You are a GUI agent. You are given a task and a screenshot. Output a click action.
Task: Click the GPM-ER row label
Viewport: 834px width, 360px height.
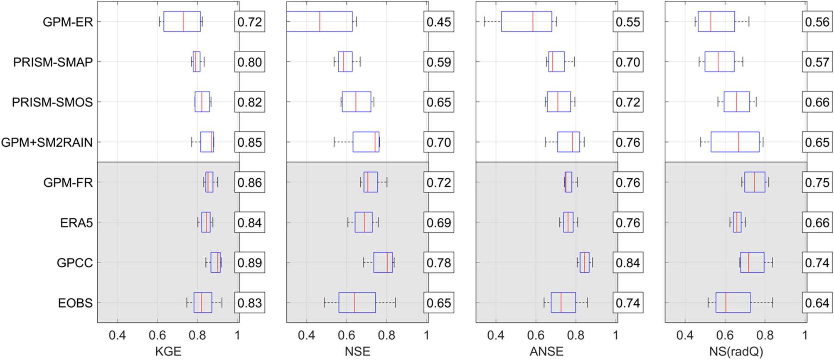click(68, 22)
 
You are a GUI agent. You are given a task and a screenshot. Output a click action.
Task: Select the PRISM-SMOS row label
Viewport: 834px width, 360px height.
click(52, 102)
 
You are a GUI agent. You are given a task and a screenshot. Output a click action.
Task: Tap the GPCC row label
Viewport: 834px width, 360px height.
click(75, 263)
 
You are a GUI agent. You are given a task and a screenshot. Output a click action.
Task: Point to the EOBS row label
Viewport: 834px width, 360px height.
click(75, 303)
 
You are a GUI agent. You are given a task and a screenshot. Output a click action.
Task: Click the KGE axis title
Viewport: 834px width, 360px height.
click(168, 351)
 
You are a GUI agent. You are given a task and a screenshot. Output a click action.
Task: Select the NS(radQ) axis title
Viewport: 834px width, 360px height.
click(736, 351)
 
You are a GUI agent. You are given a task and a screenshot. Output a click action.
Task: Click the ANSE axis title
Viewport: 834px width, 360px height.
click(546, 351)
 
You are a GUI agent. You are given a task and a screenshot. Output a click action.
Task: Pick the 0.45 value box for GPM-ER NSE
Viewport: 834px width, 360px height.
click(439, 22)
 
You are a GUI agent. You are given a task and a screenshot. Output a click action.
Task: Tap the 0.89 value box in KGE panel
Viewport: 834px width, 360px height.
click(250, 263)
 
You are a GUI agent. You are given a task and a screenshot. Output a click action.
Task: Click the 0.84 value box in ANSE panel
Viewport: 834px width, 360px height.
click(628, 263)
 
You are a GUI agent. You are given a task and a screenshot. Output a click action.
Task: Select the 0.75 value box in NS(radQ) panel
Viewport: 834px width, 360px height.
click(817, 182)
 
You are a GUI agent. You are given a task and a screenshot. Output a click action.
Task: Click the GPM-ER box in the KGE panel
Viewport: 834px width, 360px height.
click(182, 21)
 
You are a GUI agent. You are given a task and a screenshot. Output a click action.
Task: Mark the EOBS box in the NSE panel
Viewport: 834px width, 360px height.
click(357, 303)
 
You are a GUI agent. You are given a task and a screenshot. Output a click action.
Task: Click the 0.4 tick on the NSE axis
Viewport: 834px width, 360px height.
click(306, 335)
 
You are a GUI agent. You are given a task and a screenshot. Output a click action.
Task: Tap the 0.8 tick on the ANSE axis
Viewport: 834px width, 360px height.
click(576, 335)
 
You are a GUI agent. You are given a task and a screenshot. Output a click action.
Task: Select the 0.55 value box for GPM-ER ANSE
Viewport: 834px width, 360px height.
click(628, 22)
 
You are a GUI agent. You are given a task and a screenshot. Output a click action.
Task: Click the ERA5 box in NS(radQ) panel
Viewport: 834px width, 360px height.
click(737, 222)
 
